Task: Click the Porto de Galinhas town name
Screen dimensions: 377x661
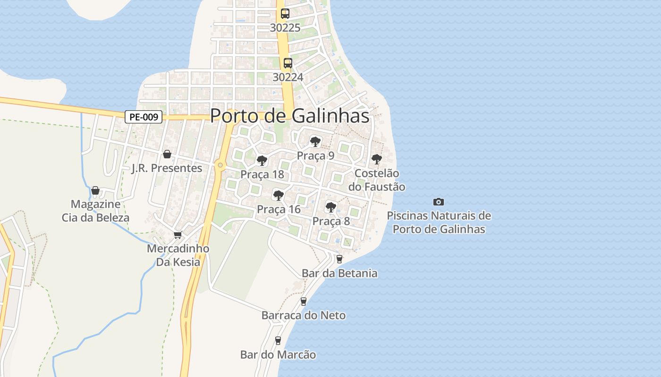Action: [x=289, y=116]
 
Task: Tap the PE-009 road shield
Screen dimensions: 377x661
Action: [x=144, y=117]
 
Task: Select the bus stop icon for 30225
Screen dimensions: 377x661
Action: [x=285, y=13]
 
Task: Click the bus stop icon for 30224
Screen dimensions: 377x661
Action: [x=288, y=63]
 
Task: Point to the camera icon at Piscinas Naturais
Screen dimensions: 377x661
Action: [x=439, y=202]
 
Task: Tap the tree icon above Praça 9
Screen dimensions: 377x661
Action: [x=315, y=141]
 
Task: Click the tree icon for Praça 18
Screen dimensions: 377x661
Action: [x=262, y=161]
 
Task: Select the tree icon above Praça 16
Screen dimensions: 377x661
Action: [x=279, y=195]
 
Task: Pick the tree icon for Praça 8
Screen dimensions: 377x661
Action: [x=331, y=207]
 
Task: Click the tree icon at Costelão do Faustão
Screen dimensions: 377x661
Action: [x=376, y=159]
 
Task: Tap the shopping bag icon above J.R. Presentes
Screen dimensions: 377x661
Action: [x=167, y=154]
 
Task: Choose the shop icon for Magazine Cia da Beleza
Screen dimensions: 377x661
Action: [x=95, y=190]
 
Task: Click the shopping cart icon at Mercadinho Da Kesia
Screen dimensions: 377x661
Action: [x=178, y=235]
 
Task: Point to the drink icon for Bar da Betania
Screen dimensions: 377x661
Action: [x=339, y=259]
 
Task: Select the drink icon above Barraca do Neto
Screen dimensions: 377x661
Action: [x=304, y=302]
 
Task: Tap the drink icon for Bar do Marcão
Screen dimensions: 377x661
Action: [x=278, y=341]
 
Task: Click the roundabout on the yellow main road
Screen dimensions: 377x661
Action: [x=220, y=165]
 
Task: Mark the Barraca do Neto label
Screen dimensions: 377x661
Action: [x=304, y=315]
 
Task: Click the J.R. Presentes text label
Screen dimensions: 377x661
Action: [x=167, y=168]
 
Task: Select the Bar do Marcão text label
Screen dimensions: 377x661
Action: [x=278, y=354]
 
